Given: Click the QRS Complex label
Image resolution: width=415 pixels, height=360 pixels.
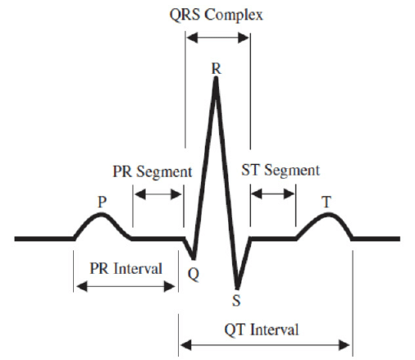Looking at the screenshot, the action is pos(216,15).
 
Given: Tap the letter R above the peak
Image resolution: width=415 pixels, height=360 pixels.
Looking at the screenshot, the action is pos(217,68).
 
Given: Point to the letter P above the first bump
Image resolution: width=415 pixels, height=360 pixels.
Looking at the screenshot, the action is pos(102,202).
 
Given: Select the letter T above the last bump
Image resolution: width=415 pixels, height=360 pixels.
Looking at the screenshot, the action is pos(326,202).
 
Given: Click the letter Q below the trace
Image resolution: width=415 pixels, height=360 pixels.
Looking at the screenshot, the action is pos(194,274).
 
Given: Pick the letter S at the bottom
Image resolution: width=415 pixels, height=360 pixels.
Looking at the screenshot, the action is pos(236,300).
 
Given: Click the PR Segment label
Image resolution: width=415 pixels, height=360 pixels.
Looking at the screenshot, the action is pos(153,172).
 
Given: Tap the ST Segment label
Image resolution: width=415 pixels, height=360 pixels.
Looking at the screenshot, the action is pos(280,171).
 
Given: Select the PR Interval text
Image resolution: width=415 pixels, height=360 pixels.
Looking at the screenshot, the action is pos(125,268).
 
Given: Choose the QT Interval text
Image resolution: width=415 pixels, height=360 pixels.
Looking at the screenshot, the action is pos(262,330).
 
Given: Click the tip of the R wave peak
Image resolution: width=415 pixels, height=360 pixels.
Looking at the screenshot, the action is pos(217,78).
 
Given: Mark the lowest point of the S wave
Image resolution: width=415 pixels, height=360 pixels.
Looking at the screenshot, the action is pos(237,289).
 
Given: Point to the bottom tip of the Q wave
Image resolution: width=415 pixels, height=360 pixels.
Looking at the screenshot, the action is pos(194,258).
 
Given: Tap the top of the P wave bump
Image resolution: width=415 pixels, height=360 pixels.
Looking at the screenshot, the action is pos(101,214).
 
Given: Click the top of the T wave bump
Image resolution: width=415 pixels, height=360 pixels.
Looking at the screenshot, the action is pos(327,214).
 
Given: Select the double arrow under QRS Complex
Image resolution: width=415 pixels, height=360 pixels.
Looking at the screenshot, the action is pos(218,38).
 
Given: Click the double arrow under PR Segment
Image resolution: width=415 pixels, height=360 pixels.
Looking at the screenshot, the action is pos(158,194).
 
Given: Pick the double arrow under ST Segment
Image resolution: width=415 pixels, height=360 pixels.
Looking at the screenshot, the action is pos(273,194).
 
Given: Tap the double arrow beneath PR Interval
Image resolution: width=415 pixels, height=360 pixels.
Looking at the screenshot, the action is pos(125,286).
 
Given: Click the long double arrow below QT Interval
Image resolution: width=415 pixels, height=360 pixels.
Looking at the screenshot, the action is pos(265,345).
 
